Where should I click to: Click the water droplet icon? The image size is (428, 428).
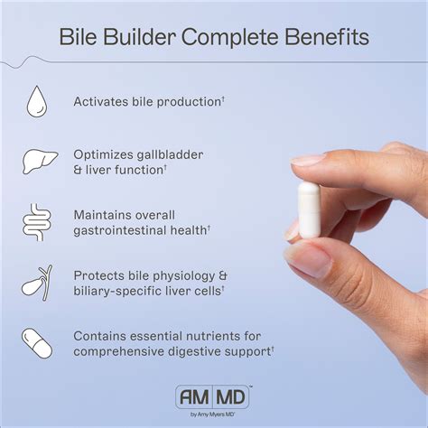tap(37, 100)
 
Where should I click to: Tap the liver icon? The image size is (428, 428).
tap(37, 161)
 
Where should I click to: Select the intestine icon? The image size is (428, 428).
tap(37, 222)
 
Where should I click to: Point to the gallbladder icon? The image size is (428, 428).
tap(37, 282)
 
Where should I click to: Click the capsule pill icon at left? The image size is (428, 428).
tap(37, 342)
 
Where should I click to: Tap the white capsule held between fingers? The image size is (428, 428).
tap(309, 209)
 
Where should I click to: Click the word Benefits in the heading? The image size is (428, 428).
tap(324, 38)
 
